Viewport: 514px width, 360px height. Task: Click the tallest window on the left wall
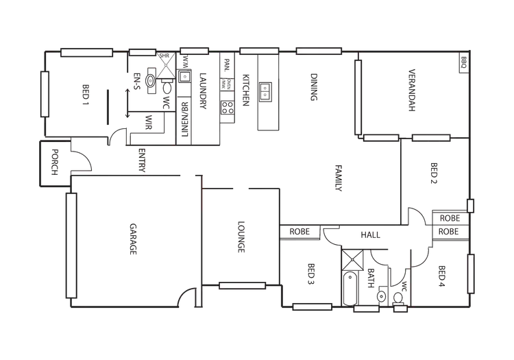coord(71,245)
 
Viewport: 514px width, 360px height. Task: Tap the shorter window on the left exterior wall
coord(45,93)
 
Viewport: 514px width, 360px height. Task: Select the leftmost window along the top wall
coord(86,52)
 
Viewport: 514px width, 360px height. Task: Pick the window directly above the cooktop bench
coord(259,49)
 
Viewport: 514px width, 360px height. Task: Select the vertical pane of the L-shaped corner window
coord(358,97)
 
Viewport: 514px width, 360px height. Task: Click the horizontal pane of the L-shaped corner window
coord(381,138)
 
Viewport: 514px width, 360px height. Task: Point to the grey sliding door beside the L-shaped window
coord(433,143)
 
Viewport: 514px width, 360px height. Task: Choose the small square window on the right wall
coord(471,205)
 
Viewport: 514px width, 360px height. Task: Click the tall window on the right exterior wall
coord(471,274)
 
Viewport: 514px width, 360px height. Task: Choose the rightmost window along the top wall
coord(319,49)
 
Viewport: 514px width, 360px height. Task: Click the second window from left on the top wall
coord(143,52)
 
